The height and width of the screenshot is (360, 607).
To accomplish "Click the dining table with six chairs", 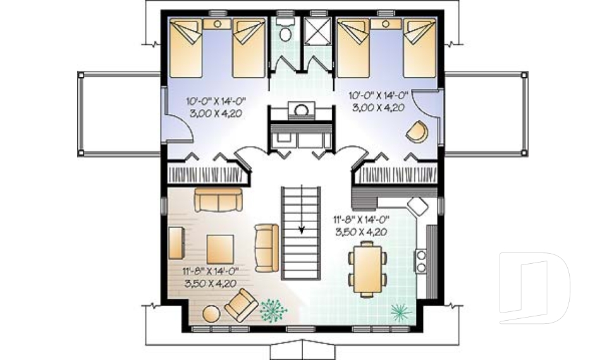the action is (367, 269).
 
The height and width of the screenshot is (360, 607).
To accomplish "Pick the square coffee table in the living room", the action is (220, 249).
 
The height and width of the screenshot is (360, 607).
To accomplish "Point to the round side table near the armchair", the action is (211, 314).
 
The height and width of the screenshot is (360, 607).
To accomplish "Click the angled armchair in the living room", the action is (241, 304).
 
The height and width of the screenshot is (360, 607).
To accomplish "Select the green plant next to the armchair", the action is (274, 310).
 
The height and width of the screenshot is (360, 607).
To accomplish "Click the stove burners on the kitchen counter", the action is (421, 261).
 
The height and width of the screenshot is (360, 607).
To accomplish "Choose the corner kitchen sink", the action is (417, 206).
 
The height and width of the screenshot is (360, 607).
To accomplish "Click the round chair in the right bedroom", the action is (417, 132).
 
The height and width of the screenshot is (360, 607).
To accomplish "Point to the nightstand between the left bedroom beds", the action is (217, 23).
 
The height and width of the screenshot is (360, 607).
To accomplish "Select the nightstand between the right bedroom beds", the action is (386, 23).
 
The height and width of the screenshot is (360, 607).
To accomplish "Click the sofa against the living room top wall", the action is (218, 199).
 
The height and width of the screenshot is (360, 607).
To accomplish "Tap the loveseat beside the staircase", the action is (266, 247).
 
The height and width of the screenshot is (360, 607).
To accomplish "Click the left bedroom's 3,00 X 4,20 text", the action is (216, 114).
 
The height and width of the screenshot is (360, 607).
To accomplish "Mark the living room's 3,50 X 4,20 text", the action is (210, 283).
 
